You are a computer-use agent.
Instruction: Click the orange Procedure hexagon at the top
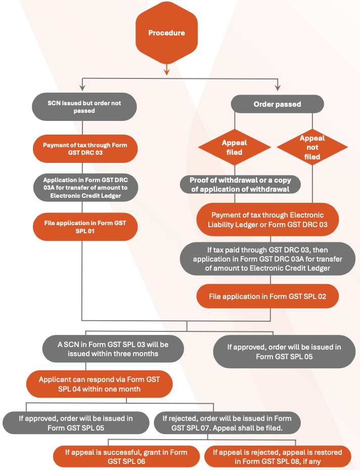(166, 33)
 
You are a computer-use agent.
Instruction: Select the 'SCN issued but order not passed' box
(84, 106)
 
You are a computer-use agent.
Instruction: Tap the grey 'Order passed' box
(277, 104)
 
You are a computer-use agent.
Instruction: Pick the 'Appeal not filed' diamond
(312, 147)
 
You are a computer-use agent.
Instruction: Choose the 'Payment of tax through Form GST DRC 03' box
(84, 149)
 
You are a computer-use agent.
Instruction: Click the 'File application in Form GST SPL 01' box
(84, 227)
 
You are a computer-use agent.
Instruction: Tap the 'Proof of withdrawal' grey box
(240, 185)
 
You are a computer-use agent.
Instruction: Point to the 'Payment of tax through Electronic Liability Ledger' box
(267, 219)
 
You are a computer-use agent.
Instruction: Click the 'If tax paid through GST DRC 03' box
(267, 259)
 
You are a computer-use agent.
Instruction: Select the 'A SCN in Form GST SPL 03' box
(113, 349)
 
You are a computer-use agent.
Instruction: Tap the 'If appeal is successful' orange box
(126, 456)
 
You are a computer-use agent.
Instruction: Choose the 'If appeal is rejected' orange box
(278, 456)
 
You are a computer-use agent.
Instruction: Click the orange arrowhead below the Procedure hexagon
(166, 71)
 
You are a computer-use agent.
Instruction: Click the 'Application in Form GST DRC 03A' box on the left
(84, 188)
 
